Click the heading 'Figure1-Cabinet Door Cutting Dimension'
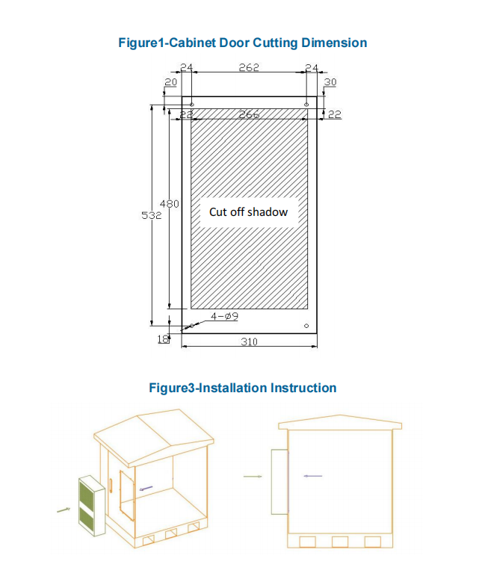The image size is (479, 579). [x=243, y=43]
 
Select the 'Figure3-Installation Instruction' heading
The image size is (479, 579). [x=242, y=388]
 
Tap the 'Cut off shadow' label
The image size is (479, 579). [x=248, y=212]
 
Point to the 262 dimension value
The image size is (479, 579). [x=249, y=67]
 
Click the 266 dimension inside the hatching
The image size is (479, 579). [x=249, y=114]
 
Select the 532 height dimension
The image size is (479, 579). [x=152, y=214]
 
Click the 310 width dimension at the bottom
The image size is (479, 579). [x=249, y=341]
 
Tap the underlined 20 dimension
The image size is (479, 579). [x=171, y=81]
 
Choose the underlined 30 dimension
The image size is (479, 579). [x=330, y=81]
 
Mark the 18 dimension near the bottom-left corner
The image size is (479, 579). [x=163, y=339]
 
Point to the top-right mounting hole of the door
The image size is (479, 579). [x=306, y=104]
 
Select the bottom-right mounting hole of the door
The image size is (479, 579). [x=306, y=326]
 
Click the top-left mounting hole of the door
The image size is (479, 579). [x=192, y=104]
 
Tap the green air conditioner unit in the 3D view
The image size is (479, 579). [x=89, y=505]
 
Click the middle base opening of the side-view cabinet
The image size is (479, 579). [x=340, y=542]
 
